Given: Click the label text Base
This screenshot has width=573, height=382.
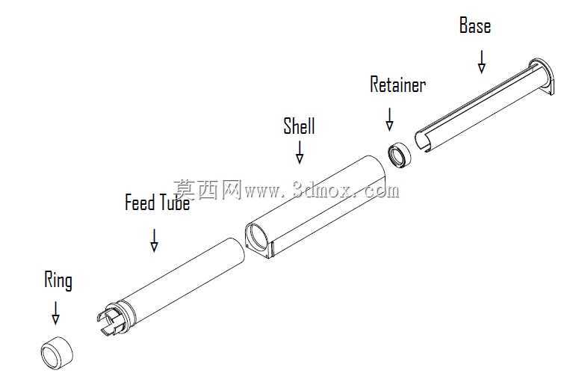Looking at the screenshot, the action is [474, 25].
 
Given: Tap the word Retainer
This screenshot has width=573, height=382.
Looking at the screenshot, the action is [397, 84].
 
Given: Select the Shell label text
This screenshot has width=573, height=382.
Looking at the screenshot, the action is [299, 126].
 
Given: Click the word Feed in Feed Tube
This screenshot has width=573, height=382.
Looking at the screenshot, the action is [140, 202].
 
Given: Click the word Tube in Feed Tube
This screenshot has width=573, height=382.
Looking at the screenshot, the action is [174, 202].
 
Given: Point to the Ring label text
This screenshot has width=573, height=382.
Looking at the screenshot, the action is [58, 281].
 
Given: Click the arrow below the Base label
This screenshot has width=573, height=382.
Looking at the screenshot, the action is [482, 62].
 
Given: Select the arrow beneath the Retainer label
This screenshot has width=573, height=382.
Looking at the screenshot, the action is [389, 119].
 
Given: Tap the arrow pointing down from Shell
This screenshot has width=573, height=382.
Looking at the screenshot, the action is [300, 152].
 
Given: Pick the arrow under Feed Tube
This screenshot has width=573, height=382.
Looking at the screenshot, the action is [154, 241].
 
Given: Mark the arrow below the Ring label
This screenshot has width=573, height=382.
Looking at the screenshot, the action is [55, 313].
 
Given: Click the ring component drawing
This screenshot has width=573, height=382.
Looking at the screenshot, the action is [57, 352].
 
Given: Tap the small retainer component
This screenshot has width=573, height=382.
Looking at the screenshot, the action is [399, 155].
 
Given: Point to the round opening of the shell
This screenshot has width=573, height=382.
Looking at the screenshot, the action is [255, 236].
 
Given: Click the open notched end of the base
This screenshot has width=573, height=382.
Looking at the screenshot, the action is [424, 141].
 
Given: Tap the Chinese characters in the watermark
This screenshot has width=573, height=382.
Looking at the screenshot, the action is [207, 190].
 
